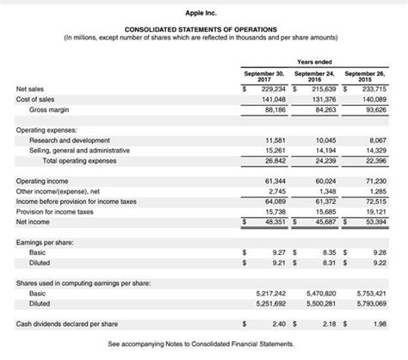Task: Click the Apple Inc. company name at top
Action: point(203,11)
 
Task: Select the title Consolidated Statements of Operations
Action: point(203,29)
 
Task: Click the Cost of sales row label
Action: point(36,99)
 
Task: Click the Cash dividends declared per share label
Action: point(66,324)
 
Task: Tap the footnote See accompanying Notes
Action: point(203,344)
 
